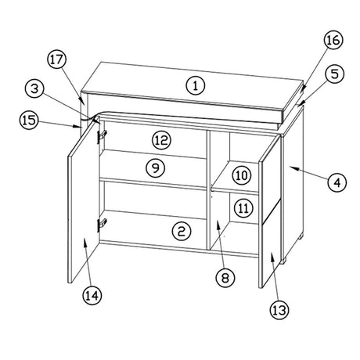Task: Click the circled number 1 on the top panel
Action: pyautogui.click(x=196, y=85)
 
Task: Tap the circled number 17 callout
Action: pyautogui.click(x=57, y=59)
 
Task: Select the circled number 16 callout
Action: pyautogui.click(x=333, y=40)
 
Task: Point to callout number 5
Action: pyautogui.click(x=335, y=74)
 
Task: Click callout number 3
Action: pyautogui.click(x=34, y=88)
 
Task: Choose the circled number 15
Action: pyautogui.click(x=29, y=121)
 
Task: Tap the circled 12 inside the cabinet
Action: pyautogui.click(x=162, y=140)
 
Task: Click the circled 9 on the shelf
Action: pyautogui.click(x=156, y=167)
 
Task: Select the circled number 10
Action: pyautogui.click(x=242, y=175)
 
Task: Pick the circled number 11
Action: pyautogui.click(x=243, y=208)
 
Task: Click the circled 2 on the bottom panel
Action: pyautogui.click(x=182, y=231)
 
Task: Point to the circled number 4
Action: pyautogui.click(x=337, y=182)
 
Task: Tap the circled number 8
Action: pyautogui.click(x=225, y=278)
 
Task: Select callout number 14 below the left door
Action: pyautogui.click(x=92, y=296)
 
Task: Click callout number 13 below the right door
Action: pyautogui.click(x=279, y=310)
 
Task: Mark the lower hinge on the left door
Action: pyautogui.click(x=102, y=225)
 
